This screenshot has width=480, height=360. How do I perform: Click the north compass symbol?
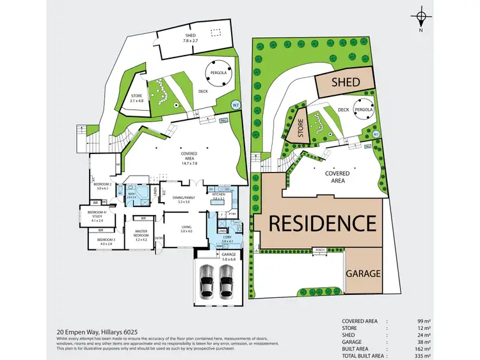(420, 17)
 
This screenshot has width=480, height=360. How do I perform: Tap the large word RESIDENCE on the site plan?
(321, 224)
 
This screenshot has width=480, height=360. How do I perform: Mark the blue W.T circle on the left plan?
(236, 105)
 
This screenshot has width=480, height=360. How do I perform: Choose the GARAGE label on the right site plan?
(363, 273)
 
